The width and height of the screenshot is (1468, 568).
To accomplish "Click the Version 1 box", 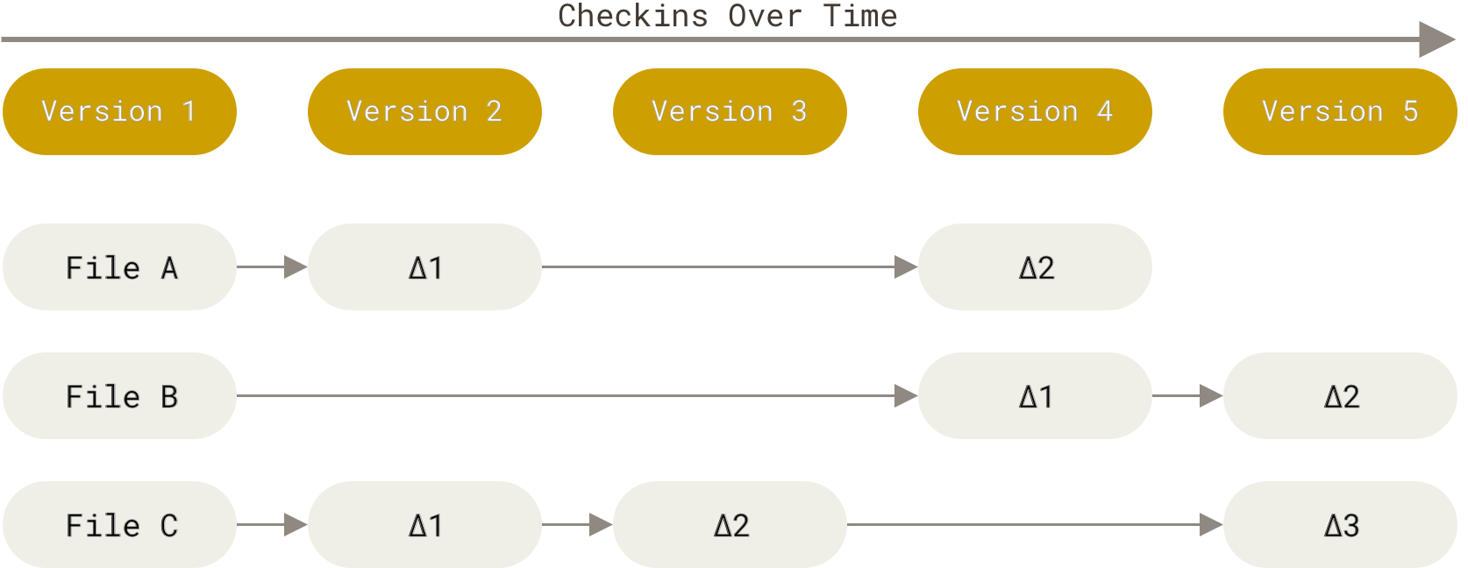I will point(119,111).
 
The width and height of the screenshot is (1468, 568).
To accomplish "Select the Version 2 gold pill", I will point(424,111).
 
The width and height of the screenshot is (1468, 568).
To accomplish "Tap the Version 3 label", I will point(730,111).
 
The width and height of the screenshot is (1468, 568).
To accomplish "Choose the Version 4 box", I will point(1035,111).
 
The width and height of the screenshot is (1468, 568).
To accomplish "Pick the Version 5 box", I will point(1340,111).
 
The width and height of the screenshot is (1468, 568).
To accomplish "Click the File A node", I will point(119,266).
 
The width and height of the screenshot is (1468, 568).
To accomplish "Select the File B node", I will point(119,396).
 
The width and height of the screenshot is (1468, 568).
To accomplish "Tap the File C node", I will point(119,525).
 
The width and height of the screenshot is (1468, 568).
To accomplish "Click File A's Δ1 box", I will point(424,266).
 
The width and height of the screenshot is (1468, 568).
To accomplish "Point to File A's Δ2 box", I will point(1035,266).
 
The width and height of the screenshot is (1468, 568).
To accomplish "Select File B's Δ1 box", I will point(1035,396).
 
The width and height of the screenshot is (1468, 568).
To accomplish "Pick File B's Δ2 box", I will point(1340,396).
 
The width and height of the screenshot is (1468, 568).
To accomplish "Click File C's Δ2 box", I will point(730,525).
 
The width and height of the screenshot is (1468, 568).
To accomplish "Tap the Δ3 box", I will point(1340,525).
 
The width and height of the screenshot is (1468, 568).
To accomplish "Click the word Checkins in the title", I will point(632,16).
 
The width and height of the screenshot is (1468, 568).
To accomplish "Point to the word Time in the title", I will point(860,16).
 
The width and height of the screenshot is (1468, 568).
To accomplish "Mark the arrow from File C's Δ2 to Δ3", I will point(1035,525).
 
